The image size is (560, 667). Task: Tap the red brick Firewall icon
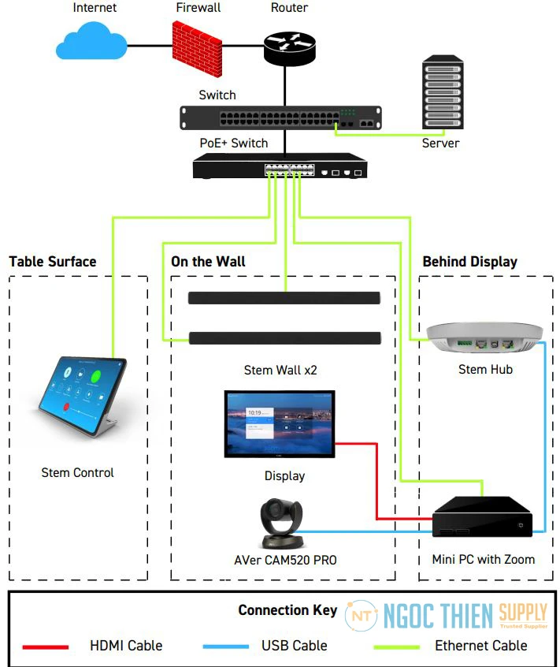pos(197,44)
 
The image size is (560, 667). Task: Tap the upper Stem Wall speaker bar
pos(284,298)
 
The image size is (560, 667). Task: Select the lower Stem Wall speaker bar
pos(284,338)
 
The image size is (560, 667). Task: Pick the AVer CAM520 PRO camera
pos(280,523)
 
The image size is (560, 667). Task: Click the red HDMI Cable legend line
pos(45,647)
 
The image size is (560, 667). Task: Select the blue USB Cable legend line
pos(225,647)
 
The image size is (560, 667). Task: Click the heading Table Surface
pos(53,262)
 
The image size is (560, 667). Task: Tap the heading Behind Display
pos(469,262)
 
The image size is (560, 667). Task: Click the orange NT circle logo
pos(361,615)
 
